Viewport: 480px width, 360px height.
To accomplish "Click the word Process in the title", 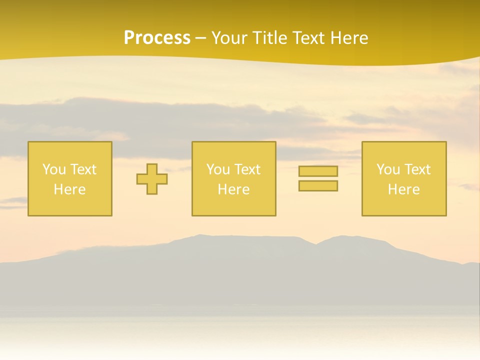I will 157,38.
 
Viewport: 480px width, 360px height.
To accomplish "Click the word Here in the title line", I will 350,38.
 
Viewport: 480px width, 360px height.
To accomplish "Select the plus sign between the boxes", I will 152,179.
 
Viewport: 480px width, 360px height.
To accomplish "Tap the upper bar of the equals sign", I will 318,171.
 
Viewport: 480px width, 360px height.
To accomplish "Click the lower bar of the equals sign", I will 318,186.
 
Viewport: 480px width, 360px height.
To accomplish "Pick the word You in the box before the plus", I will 54,169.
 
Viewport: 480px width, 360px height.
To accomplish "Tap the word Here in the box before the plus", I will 69,189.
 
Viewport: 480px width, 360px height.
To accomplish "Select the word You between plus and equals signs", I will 218,169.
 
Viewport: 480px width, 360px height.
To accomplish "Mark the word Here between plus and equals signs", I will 233,189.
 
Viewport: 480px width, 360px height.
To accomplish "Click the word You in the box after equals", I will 388,169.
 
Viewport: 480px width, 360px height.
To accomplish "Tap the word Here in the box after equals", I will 403,189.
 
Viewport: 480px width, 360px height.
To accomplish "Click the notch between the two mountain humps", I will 316,244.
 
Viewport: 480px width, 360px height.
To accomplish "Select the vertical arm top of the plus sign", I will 152,168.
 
